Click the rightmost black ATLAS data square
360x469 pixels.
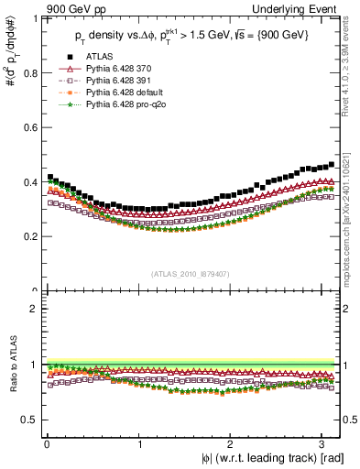coord(332,165)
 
